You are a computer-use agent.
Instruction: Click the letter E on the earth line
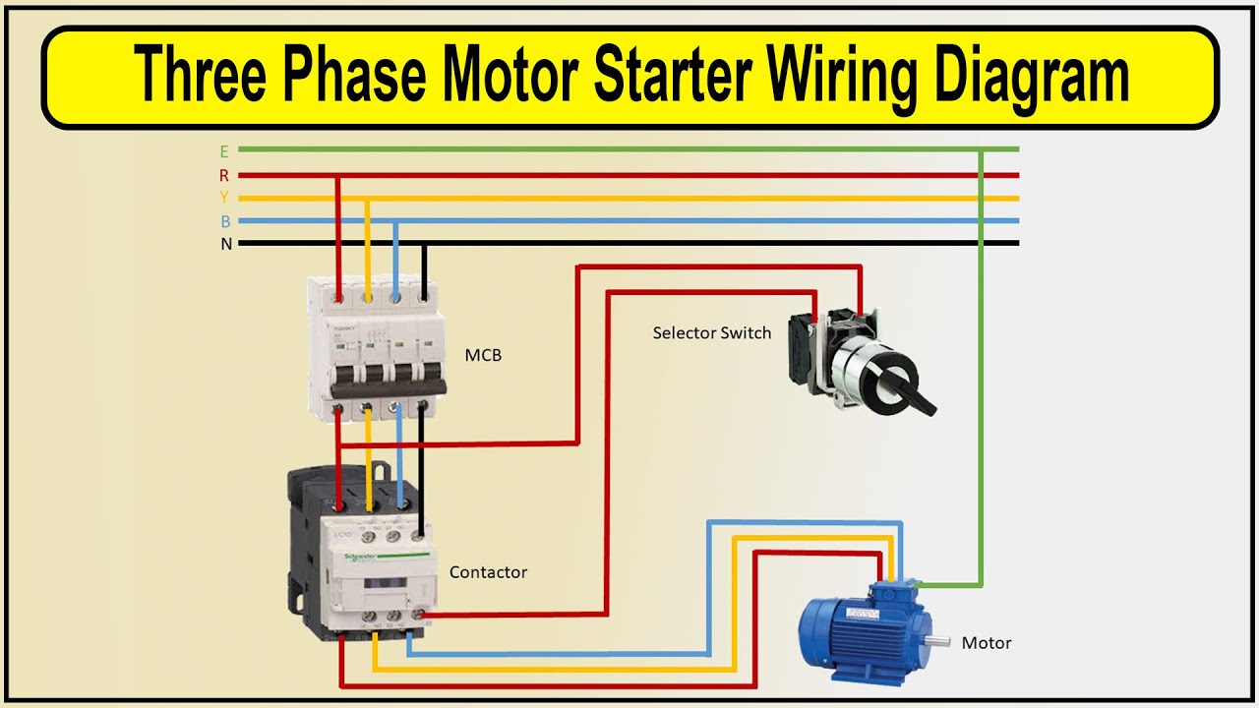coord(224,151)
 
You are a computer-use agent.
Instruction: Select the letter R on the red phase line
coord(224,176)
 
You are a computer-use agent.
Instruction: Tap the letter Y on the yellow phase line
coord(224,199)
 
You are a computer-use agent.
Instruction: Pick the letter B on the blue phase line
coord(225,222)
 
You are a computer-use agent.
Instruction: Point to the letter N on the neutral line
coord(225,244)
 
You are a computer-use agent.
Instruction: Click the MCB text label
coord(483,355)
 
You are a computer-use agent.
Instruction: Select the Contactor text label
coord(488,572)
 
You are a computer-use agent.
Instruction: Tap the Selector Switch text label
coord(711,333)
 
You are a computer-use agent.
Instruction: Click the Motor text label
coord(987,643)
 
